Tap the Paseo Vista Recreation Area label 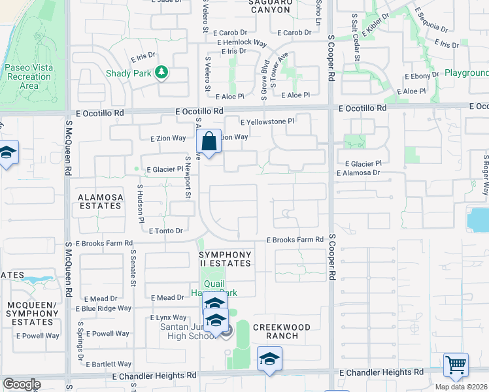coord(29,77)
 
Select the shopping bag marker coord(209,142)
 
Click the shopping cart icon coord(456,365)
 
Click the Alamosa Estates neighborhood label coord(100,201)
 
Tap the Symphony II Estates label coord(225,259)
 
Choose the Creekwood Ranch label coord(275,331)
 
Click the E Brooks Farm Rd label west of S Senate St coord(99,243)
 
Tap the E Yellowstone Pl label coord(267,122)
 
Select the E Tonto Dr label coord(165,231)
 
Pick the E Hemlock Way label coord(242,42)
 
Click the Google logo coord(22,384)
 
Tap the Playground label coord(467,73)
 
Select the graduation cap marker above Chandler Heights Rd coord(269,360)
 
